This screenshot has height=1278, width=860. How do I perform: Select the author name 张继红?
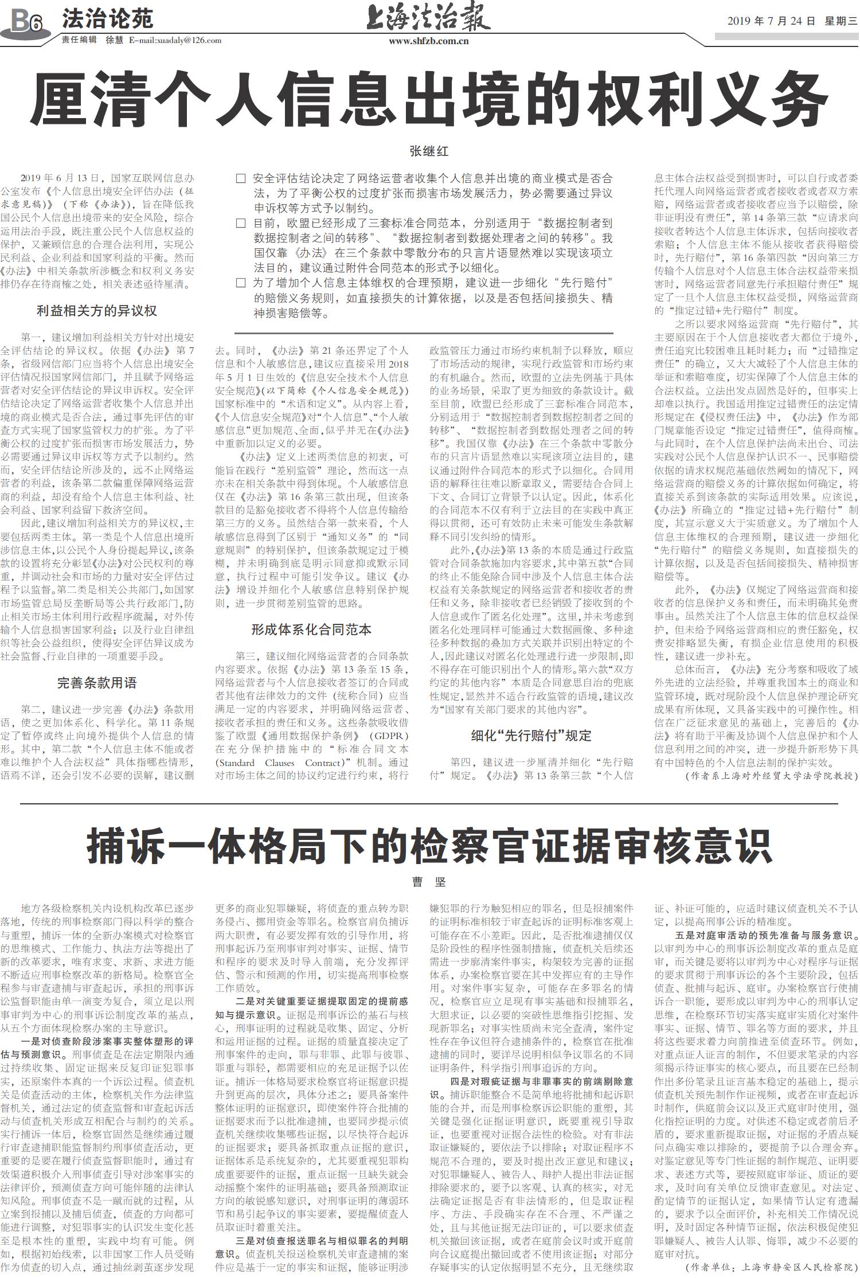(429, 151)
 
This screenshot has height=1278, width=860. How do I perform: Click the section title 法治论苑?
(107, 19)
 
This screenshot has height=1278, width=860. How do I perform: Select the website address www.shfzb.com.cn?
(429, 41)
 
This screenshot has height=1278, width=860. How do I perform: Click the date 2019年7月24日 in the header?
(771, 21)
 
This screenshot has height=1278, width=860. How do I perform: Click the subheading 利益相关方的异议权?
(97, 311)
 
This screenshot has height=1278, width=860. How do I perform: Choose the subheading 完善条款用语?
(97, 683)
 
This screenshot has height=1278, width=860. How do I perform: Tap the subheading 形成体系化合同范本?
(311, 630)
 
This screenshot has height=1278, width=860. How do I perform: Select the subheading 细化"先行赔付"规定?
(531, 736)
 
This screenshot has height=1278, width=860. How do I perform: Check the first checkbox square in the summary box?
(241, 179)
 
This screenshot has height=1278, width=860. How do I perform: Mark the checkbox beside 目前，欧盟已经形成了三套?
(241, 223)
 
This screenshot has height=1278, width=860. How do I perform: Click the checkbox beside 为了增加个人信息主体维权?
(241, 283)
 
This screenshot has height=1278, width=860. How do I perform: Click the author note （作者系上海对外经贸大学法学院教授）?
(772, 776)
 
